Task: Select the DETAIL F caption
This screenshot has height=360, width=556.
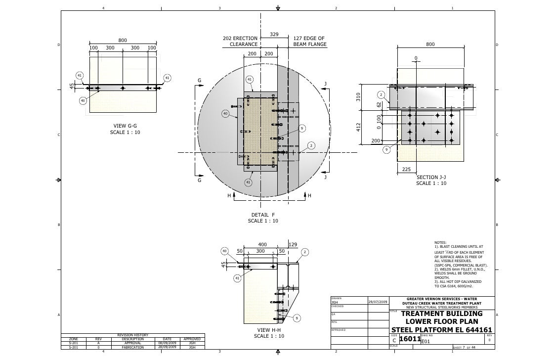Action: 263,215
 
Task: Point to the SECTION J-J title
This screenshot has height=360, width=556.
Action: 431,177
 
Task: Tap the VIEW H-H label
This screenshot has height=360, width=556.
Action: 269,330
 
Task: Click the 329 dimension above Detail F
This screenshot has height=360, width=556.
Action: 274,34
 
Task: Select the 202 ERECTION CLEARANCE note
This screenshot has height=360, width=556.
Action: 240,41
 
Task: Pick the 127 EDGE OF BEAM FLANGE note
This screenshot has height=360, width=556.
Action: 309,41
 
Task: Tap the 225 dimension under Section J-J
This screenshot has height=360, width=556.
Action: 407,169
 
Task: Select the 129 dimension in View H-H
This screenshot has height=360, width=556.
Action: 293,244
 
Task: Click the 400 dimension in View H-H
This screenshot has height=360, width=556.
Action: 262,244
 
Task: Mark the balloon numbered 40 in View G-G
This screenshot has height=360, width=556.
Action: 83,101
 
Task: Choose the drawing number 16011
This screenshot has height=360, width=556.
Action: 409,339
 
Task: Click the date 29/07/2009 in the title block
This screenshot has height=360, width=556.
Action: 378,302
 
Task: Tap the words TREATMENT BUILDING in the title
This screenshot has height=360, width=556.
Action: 441,314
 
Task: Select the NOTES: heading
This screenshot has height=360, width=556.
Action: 440,242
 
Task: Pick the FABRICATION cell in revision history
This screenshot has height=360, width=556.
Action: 132,347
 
